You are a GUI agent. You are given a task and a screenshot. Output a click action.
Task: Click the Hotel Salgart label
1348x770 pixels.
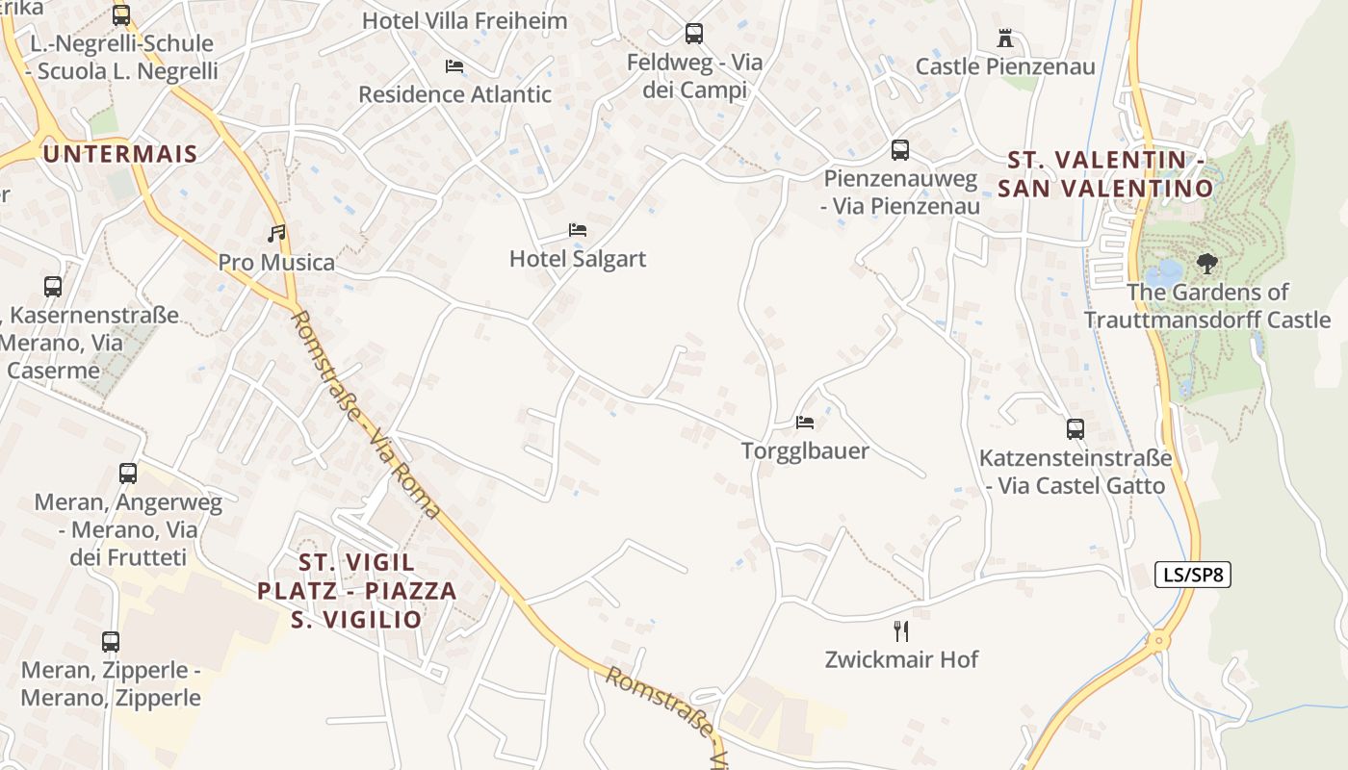pyautogui.click(x=578, y=259)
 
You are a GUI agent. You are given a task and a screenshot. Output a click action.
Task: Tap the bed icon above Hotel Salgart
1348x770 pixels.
pyautogui.click(x=578, y=230)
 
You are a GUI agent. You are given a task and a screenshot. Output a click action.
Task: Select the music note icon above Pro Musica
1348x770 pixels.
pyautogui.click(x=276, y=233)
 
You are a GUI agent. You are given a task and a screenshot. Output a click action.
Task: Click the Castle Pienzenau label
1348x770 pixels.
pyautogui.click(x=1005, y=66)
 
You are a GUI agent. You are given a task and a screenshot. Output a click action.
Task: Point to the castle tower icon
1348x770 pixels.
pyautogui.click(x=1005, y=38)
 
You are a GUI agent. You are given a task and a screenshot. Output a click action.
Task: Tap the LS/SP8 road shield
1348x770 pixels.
pyautogui.click(x=1192, y=575)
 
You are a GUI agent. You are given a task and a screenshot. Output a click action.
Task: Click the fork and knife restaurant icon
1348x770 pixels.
pyautogui.click(x=901, y=631)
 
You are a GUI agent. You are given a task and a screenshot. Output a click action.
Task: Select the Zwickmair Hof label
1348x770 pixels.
pyautogui.click(x=901, y=659)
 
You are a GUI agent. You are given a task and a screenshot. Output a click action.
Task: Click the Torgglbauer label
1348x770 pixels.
pyautogui.click(x=805, y=450)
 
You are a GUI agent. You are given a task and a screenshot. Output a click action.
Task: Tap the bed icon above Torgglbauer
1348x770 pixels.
pyautogui.click(x=805, y=422)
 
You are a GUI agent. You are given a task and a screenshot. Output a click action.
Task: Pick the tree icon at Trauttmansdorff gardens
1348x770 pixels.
pyautogui.click(x=1205, y=263)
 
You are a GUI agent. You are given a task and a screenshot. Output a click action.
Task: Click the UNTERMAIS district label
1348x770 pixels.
pyautogui.click(x=120, y=153)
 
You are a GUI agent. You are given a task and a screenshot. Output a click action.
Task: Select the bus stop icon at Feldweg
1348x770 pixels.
pyautogui.click(x=694, y=34)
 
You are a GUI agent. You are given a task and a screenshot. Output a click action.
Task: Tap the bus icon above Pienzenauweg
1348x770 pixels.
pyautogui.click(x=900, y=150)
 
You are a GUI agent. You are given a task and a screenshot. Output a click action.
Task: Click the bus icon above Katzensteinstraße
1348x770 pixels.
pyautogui.click(x=1076, y=429)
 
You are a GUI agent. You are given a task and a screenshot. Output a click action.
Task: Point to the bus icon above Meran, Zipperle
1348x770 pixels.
pyautogui.click(x=111, y=641)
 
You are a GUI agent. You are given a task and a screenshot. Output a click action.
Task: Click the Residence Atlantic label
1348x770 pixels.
pyautogui.click(x=454, y=94)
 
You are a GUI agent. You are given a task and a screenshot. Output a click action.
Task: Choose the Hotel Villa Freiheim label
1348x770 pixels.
pyautogui.click(x=464, y=20)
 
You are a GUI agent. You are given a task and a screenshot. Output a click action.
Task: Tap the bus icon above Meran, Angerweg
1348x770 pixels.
pyautogui.click(x=128, y=474)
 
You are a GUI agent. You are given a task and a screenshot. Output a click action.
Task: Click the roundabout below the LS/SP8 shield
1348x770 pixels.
pyautogui.click(x=1159, y=639)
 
